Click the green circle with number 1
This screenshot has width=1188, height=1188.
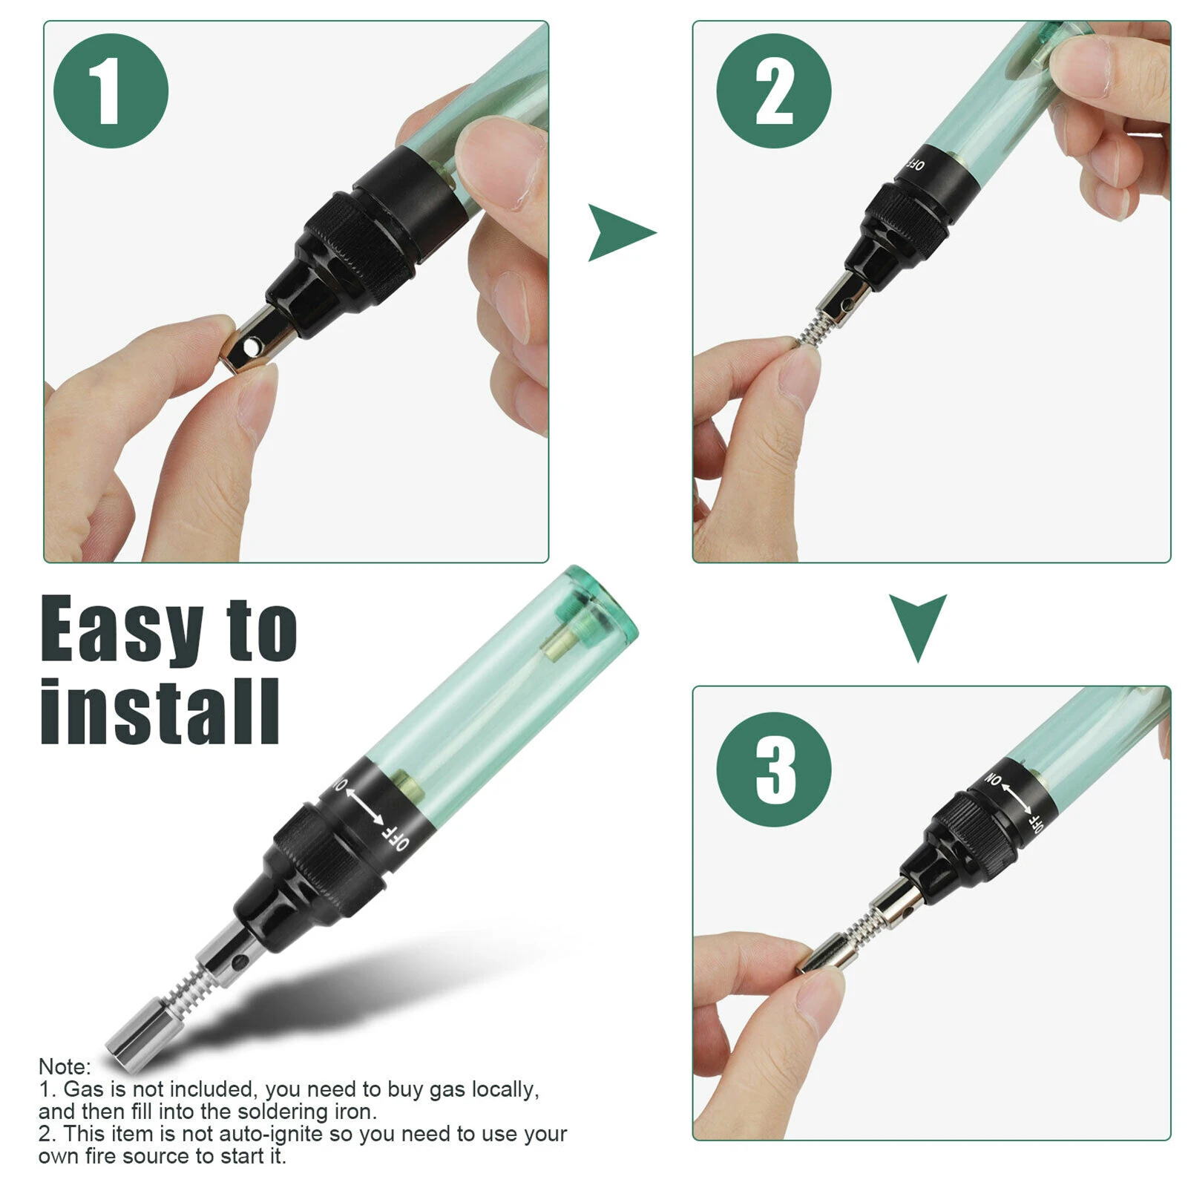(111, 91)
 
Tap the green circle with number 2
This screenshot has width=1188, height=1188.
(773, 91)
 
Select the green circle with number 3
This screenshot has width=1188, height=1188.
(773, 769)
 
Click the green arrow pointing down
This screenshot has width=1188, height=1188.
(918, 623)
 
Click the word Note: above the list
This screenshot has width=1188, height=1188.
(65, 1066)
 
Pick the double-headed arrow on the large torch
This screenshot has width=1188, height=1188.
(365, 806)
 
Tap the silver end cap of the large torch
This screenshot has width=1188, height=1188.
(134, 1035)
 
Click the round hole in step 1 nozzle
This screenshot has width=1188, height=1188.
(254, 346)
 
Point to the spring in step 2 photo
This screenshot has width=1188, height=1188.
(814, 329)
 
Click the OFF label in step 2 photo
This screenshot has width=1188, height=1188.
(916, 164)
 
